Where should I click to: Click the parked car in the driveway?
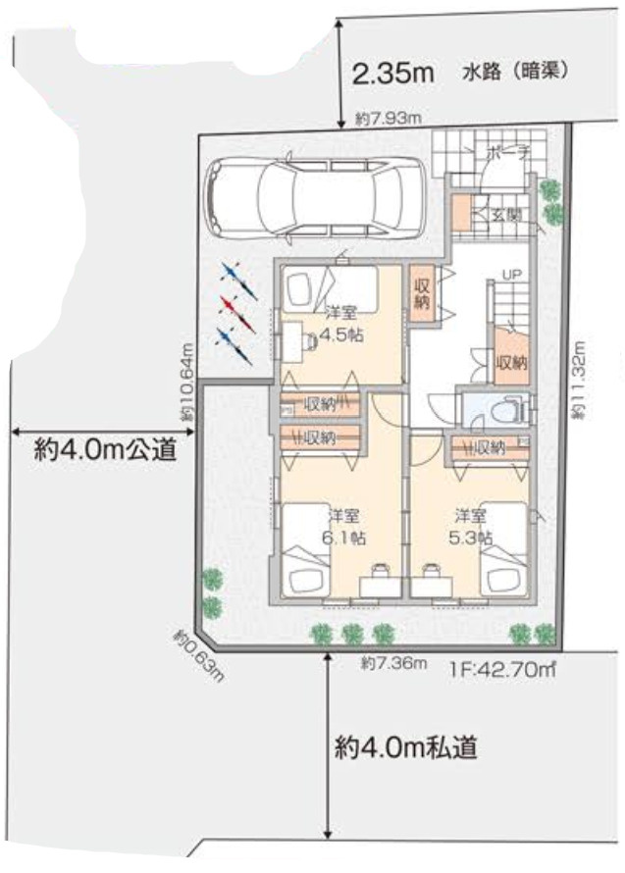(314, 195)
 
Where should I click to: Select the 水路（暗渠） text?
(516, 73)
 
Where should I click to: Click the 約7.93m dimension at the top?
(389, 120)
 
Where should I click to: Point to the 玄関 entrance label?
(506, 214)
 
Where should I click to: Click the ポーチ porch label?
(507, 153)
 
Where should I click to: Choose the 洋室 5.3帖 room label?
(472, 526)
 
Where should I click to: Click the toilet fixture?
(504, 410)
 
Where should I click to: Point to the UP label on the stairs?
(512, 276)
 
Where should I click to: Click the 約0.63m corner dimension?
(200, 654)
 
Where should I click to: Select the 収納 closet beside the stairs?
(511, 362)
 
